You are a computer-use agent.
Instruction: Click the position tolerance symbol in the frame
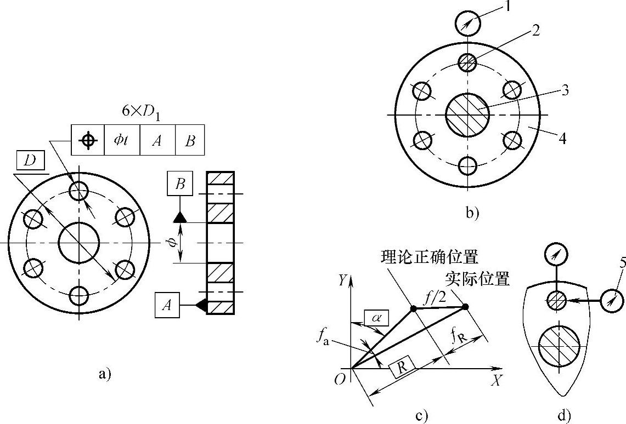tap(87, 140)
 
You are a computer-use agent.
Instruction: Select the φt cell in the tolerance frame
tap(122, 140)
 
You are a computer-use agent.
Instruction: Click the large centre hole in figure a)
tap(79, 243)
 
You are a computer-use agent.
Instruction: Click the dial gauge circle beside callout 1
tap(467, 24)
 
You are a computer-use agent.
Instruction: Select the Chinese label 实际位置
tap(477, 279)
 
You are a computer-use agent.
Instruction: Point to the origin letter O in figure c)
tap(340, 380)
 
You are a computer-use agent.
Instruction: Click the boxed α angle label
tap(375, 317)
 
